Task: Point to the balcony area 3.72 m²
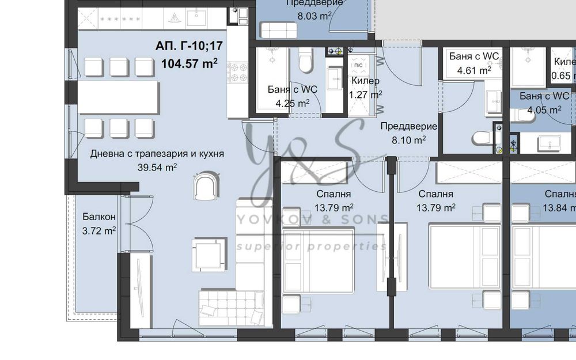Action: click(x=99, y=231)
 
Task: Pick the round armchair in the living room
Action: click(x=207, y=186)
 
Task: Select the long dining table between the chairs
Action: click(x=119, y=97)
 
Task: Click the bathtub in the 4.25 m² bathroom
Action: click(x=271, y=78)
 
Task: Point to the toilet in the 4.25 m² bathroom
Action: click(x=305, y=60)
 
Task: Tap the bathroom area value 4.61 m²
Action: click(x=473, y=70)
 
